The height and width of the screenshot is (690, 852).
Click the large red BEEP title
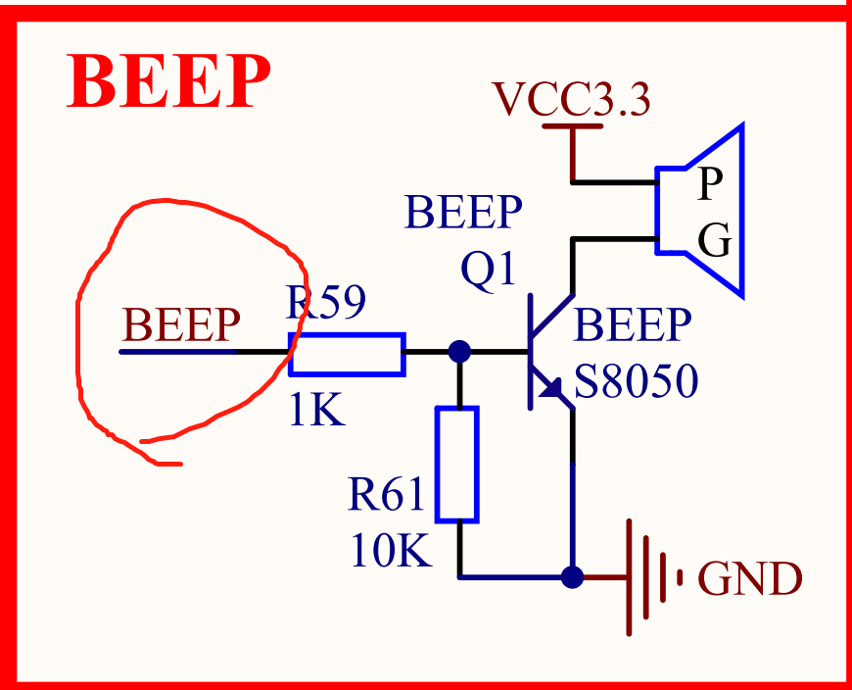click(168, 82)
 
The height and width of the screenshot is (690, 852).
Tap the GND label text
click(749, 579)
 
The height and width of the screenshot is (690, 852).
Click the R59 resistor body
click(347, 354)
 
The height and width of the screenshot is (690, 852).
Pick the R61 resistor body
click(457, 465)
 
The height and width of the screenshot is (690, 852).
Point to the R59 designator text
click(326, 304)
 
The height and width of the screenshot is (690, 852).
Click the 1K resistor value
click(316, 412)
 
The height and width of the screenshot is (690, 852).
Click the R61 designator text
click(387, 497)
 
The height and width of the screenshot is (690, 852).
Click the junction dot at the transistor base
click(457, 351)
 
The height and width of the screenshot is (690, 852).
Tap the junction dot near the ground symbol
click(573, 576)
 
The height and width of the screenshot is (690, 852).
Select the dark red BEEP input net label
click(180, 324)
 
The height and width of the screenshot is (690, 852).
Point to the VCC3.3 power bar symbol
click(573, 126)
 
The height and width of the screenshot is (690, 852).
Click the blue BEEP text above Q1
click(463, 213)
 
